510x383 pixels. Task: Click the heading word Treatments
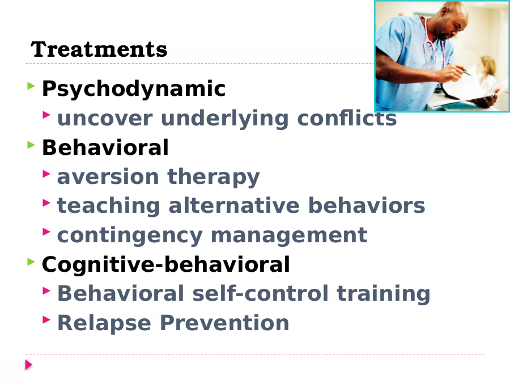[x=99, y=49]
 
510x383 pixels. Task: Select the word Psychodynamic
[x=134, y=89]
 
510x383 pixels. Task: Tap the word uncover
[x=105, y=118]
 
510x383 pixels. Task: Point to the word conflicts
[x=347, y=117]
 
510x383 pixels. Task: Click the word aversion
[x=108, y=177]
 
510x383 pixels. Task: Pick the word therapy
[x=214, y=177]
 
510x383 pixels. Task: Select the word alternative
[x=234, y=205]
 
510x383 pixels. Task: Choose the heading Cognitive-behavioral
[x=166, y=264]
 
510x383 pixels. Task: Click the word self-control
[x=260, y=293]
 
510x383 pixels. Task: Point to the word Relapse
[x=104, y=323]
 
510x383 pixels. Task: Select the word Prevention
[x=224, y=323]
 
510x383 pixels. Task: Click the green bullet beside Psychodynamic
[x=31, y=86]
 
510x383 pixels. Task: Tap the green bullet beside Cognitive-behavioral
[x=31, y=262]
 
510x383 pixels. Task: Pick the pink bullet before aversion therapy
[x=46, y=174]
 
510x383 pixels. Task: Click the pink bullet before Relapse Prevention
[x=46, y=320]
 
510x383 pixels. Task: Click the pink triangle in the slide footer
[x=28, y=365]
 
